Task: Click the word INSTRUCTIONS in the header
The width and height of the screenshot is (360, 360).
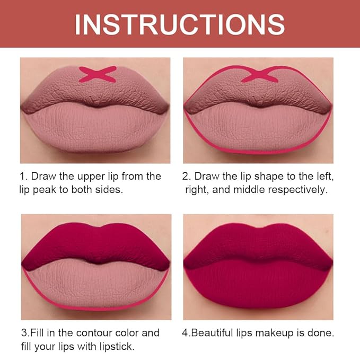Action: (x=180, y=24)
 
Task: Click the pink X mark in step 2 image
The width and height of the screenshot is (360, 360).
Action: (x=260, y=74)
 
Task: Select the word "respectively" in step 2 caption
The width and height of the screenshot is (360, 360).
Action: (x=298, y=189)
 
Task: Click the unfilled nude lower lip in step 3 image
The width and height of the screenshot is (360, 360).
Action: (x=95, y=284)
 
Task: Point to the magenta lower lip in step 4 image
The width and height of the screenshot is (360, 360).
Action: (x=258, y=286)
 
